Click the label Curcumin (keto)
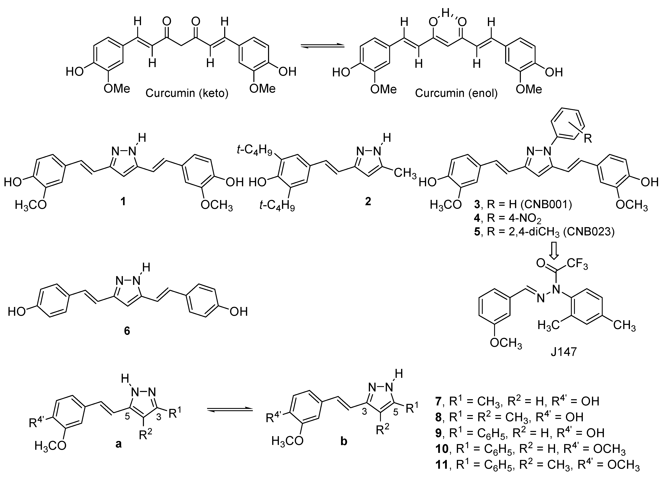[x=187, y=93]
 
